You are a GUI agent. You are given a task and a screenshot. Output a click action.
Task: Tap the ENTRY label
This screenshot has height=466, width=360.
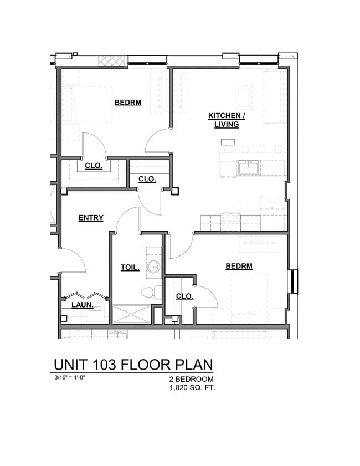point(91,218)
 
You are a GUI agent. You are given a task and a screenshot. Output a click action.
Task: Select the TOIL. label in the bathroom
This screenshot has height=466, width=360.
point(130,268)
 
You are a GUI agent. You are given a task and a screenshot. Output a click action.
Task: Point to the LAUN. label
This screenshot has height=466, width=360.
point(81,305)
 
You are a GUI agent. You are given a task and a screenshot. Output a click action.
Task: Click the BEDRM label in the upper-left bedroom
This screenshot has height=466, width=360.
point(128,103)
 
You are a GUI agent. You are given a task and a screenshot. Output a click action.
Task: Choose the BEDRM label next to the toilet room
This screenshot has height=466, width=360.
point(239,267)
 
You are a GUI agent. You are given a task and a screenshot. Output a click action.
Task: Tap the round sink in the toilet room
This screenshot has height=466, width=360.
point(153,268)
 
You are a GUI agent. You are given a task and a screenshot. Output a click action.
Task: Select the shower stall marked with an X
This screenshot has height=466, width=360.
point(131,314)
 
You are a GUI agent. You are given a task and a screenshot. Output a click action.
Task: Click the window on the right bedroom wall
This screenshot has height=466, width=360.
point(294,281)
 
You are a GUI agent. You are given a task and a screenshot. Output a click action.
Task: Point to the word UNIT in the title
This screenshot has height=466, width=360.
point(70,365)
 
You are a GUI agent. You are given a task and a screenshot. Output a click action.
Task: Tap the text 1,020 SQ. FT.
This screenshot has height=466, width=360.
point(192,388)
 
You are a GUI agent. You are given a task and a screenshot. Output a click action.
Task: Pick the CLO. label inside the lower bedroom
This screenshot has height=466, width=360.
point(184,296)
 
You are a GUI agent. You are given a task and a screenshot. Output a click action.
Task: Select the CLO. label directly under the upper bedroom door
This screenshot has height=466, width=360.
point(93,166)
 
